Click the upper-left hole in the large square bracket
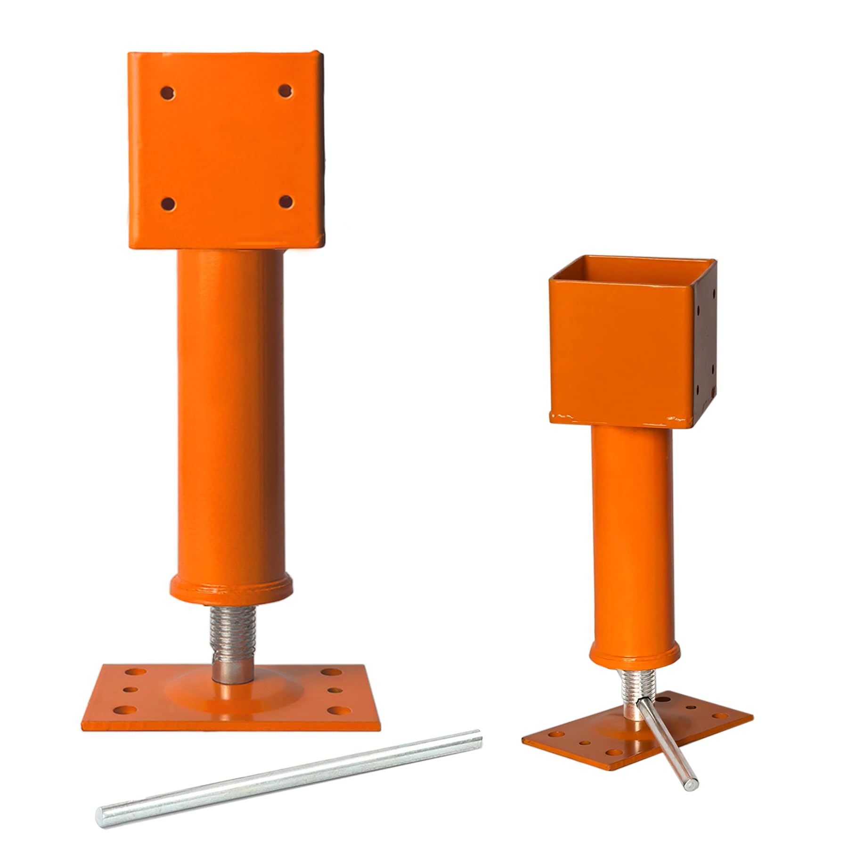pyautogui.click(x=167, y=91)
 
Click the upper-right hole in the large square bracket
pyautogui.click(x=285, y=90)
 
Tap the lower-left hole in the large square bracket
pyautogui.click(x=168, y=204)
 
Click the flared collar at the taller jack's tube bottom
pyautogui.click(x=230, y=587)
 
